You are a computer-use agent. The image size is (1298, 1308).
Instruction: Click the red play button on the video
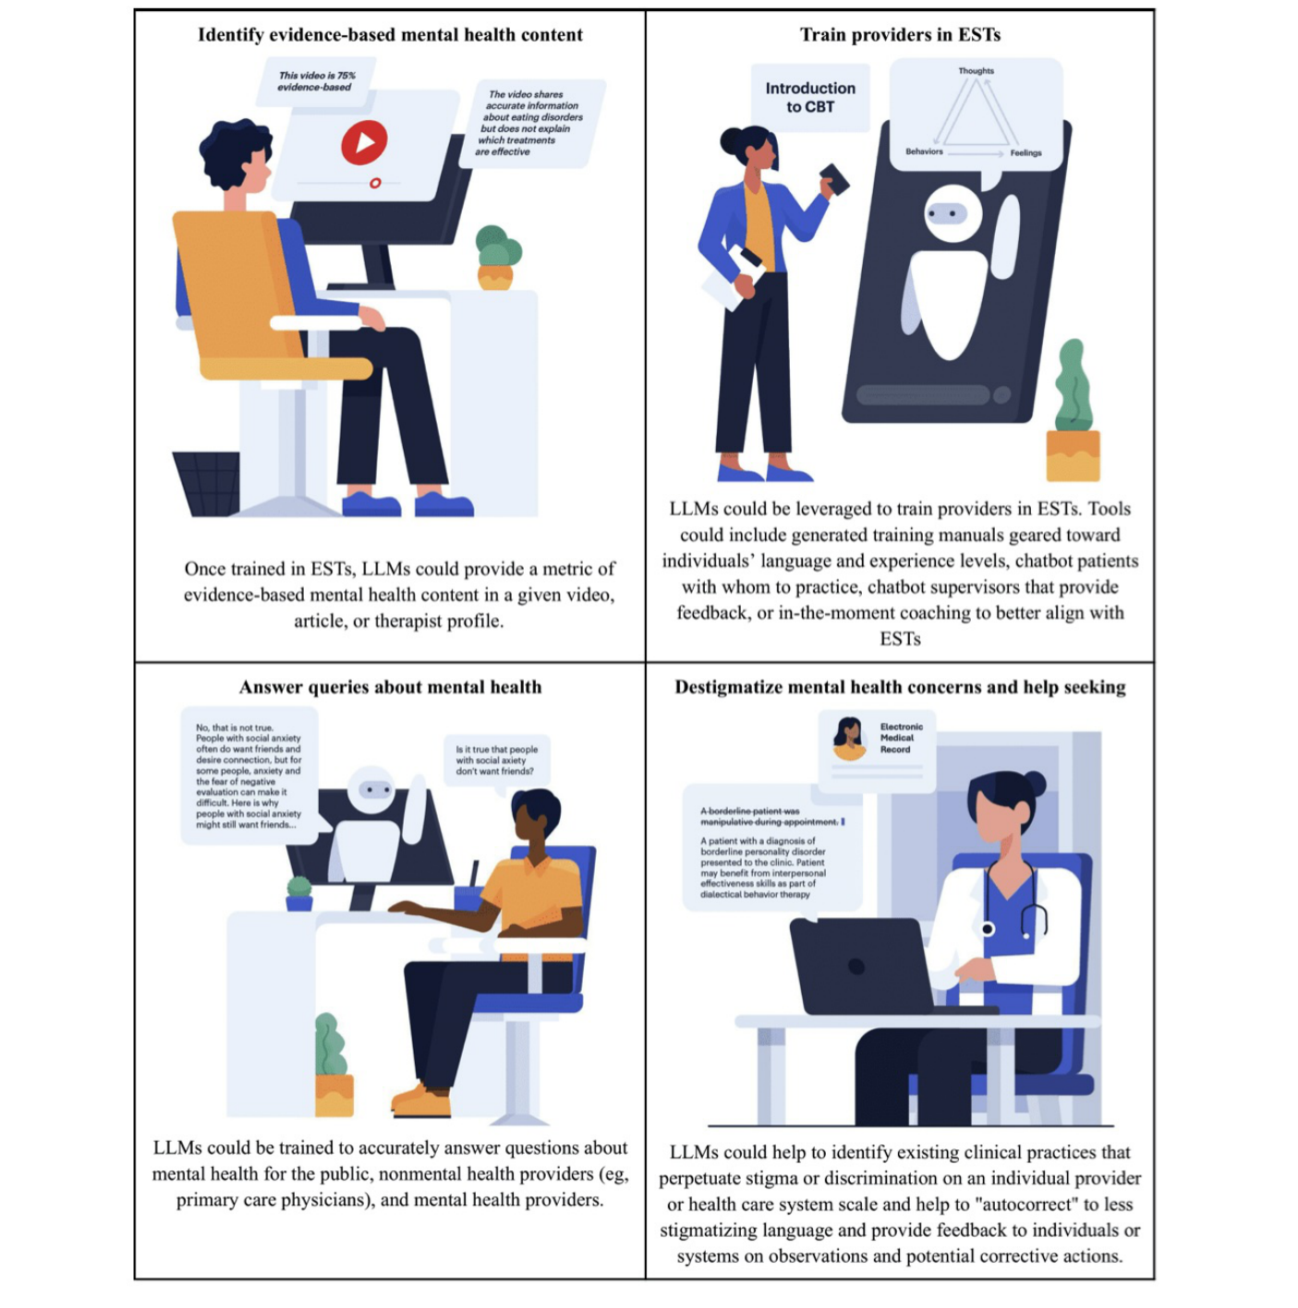coord(364,142)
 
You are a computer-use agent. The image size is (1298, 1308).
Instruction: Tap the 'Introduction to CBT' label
coord(810,97)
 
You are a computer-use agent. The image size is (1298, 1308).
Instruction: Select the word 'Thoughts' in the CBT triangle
coord(976,71)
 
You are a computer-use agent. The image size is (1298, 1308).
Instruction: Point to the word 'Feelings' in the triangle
coord(1025,153)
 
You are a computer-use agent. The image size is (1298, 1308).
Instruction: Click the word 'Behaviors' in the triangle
coord(924,151)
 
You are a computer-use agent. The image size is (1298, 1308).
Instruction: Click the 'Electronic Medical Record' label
coord(901,738)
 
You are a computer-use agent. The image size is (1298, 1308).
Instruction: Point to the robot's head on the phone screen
coord(952,214)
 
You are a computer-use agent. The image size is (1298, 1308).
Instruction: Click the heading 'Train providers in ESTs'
coord(900,35)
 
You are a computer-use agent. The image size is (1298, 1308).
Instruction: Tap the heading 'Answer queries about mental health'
coord(390,687)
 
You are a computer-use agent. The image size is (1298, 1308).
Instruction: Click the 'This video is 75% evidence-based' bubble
coord(315,81)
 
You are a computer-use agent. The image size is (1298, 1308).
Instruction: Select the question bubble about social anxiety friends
coord(497,760)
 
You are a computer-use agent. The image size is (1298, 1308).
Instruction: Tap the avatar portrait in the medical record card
coord(848,737)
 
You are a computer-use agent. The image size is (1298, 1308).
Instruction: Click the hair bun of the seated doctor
coord(1035,784)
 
